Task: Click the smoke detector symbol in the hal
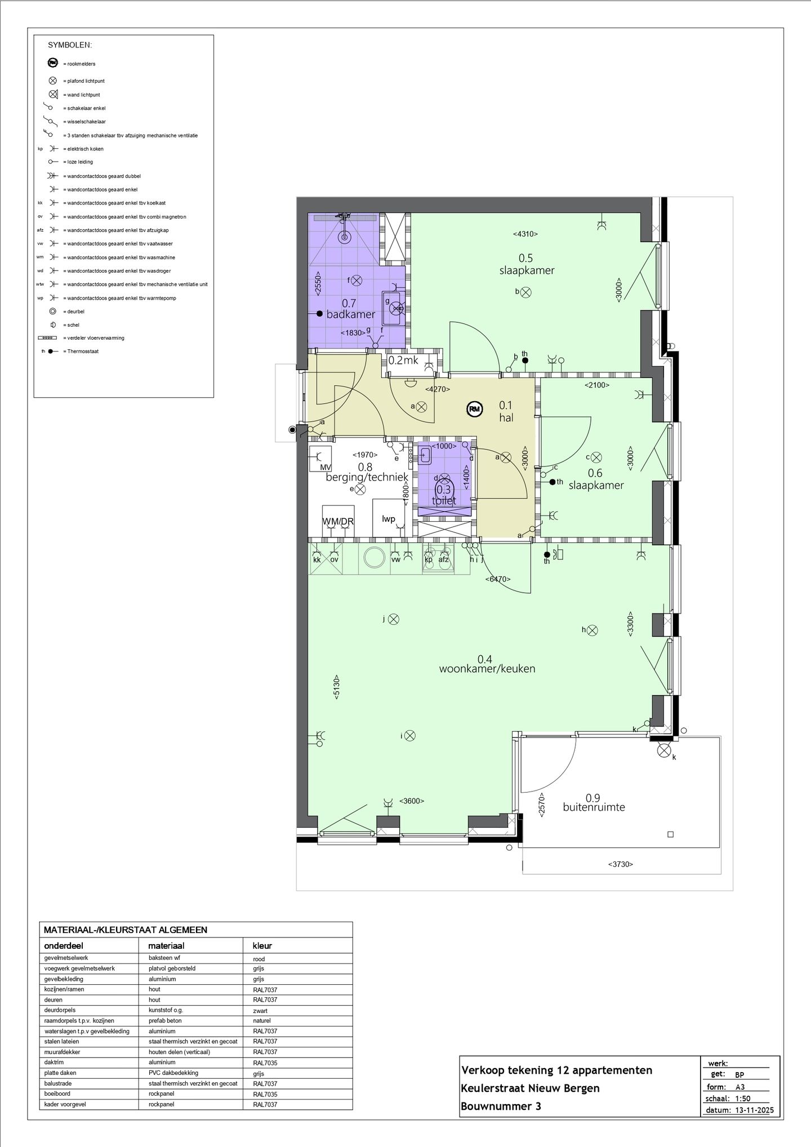pyautogui.click(x=475, y=410)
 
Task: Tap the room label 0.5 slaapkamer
pyautogui.click(x=527, y=264)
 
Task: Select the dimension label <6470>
pyautogui.click(x=498, y=579)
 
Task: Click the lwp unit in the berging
pyautogui.click(x=389, y=518)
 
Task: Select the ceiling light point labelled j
pyautogui.click(x=394, y=619)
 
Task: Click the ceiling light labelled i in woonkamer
pyautogui.click(x=410, y=736)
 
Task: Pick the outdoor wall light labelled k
pyautogui.click(x=664, y=750)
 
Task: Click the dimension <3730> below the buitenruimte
pyautogui.click(x=621, y=864)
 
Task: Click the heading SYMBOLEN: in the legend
pyautogui.click(x=70, y=45)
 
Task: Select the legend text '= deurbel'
pyautogui.click(x=75, y=312)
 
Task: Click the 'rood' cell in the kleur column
pyautogui.click(x=259, y=959)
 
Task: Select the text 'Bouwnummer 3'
pyautogui.click(x=501, y=1106)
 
